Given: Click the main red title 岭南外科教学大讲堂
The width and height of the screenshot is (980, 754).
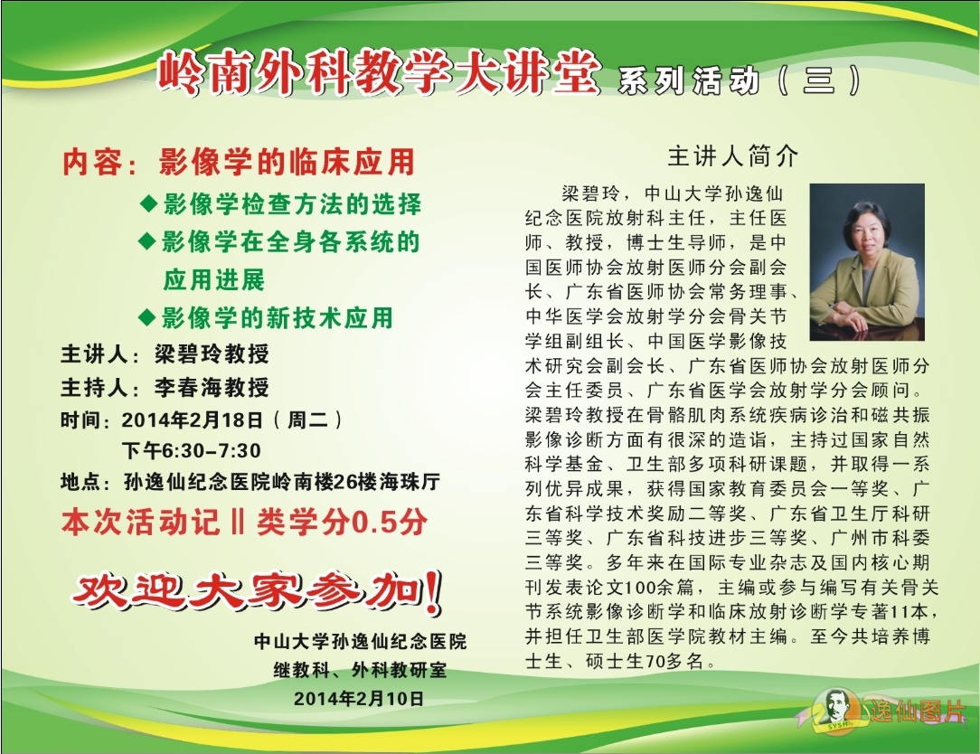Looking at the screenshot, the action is pos(379,73).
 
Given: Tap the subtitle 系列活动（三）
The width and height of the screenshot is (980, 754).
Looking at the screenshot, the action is pos(740,80).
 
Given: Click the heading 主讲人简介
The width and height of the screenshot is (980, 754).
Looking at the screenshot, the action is pos(733,156).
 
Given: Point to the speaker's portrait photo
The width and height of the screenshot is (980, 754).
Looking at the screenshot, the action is pos(867,262).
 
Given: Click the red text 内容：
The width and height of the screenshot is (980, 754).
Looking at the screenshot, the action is pos(100,163).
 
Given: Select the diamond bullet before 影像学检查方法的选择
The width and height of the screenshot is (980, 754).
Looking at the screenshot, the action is pos(148,203).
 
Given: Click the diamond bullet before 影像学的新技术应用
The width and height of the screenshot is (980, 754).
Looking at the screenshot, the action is pos(146,317).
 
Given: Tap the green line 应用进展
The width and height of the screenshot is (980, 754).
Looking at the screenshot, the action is pos(213,279).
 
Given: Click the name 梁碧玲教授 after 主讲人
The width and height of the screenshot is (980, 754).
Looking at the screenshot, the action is pos(212,353).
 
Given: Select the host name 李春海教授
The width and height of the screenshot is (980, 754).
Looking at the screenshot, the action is pos(212,388).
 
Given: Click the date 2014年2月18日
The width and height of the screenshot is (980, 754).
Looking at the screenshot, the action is pos(192,419).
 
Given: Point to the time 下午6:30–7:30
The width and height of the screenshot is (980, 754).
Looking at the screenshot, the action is pos(192,450).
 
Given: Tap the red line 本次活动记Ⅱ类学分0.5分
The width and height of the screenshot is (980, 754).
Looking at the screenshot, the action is pos(244,522).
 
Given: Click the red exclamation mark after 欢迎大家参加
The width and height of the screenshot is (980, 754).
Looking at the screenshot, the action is pos(432,591).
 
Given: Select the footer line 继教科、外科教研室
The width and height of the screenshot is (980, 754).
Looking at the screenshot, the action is pos(360,670).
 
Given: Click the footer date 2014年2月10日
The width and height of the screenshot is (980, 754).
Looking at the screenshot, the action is pos(359,698).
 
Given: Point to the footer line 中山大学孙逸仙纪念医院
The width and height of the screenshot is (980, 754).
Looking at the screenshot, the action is pos(360,642).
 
